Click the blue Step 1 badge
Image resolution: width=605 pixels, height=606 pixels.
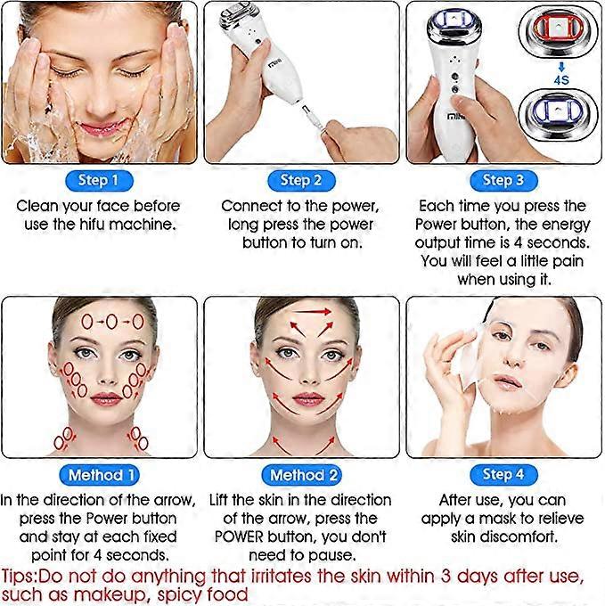click(x=99, y=180)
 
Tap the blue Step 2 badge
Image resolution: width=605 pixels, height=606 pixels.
click(x=301, y=180)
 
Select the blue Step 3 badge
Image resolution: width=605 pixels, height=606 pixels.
click(x=503, y=180)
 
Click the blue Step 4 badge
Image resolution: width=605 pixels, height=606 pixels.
click(x=503, y=474)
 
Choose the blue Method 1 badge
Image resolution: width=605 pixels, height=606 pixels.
click(x=102, y=475)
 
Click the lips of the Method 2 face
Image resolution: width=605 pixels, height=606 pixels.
click(x=307, y=398)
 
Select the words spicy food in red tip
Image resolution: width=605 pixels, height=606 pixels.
click(x=202, y=594)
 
